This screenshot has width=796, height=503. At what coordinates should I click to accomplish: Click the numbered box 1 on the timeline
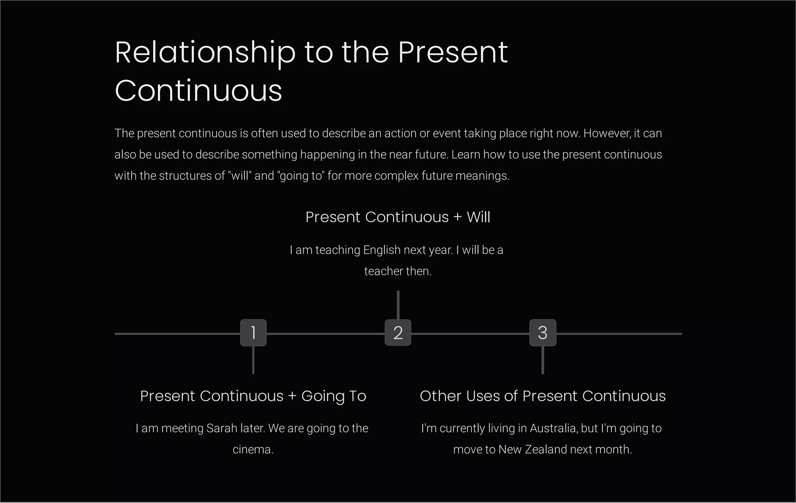(x=253, y=332)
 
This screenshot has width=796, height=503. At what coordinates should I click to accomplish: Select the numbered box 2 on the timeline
(x=398, y=332)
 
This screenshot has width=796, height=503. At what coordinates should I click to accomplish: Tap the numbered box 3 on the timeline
(x=543, y=332)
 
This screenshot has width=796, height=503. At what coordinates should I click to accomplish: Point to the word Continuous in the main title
(x=198, y=91)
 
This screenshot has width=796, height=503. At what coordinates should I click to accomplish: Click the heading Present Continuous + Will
(x=398, y=217)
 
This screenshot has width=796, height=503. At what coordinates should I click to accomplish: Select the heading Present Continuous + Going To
(x=253, y=396)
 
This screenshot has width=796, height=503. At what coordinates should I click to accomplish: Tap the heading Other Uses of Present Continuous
(x=543, y=396)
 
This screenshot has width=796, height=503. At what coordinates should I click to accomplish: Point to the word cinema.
(x=253, y=449)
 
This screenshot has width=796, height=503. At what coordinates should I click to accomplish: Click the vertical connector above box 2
(x=398, y=305)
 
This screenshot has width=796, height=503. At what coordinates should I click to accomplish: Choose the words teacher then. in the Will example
(x=398, y=271)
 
